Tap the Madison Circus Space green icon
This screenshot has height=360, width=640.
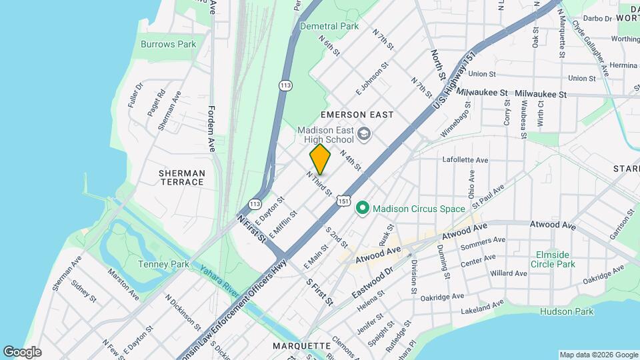coord(363,209)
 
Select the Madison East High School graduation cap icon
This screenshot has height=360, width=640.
coord(363,135)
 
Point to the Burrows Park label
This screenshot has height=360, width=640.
coord(169,45)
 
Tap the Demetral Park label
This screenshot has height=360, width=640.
coord(329,26)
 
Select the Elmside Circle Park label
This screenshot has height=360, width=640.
coord(553,259)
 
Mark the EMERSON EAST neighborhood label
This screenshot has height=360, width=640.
coord(357,115)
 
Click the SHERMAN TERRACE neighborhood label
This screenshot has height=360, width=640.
coord(181,177)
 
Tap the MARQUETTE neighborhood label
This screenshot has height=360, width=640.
coord(302,346)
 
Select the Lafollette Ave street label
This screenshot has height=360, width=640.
coord(465,160)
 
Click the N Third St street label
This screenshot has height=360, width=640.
coord(319,183)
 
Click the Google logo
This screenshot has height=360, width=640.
coord(22,352)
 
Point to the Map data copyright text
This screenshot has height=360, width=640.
coord(598,355)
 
